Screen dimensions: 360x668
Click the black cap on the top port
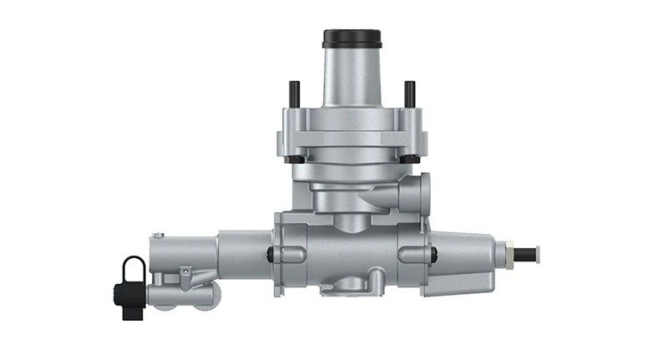(x=352, y=38)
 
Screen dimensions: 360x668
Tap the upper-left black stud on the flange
(x=294, y=93)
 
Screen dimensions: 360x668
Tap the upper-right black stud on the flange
(x=409, y=93)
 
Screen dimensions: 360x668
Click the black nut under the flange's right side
(x=412, y=159)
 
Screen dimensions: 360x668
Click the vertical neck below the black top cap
(x=352, y=79)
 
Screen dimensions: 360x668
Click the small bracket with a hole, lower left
(x=185, y=274)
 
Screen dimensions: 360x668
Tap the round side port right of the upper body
(x=420, y=193)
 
